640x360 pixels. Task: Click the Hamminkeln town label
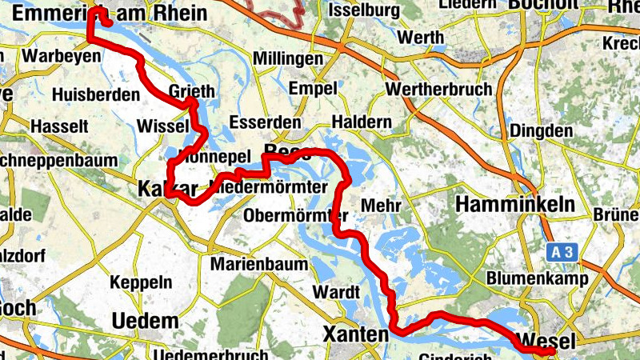pos(515,205)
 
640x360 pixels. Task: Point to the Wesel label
pos(547,341)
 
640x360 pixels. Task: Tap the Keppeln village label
pos(141,282)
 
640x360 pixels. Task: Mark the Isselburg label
pos(364,10)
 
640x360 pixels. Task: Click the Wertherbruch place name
pos(438,89)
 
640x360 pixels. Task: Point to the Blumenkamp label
pos(538,279)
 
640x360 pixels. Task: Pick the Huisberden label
pos(95,94)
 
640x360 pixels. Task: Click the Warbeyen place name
pos(62,56)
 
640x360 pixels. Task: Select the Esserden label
pos(265,122)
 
